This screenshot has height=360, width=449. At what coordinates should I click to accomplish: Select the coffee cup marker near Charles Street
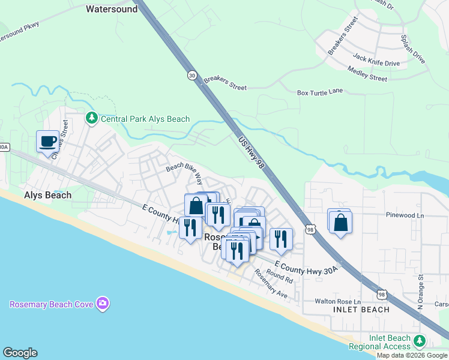tap(47, 142)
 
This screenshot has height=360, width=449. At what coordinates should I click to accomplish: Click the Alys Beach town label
tap(47, 195)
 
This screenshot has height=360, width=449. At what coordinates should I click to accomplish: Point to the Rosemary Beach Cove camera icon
tap(103, 304)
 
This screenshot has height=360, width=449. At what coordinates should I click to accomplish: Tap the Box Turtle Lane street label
tap(320, 92)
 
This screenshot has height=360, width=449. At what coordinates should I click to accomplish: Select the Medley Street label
tap(367, 77)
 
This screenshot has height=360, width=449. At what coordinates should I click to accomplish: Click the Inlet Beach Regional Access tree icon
tap(420, 341)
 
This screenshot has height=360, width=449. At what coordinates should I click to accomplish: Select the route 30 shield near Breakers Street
tap(191, 76)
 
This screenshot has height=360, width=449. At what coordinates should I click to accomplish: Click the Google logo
tap(20, 353)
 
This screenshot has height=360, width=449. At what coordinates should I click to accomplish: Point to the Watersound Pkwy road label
tap(17, 37)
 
